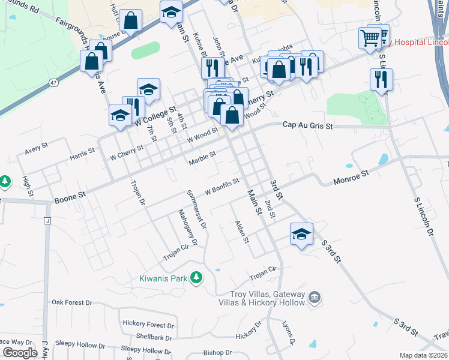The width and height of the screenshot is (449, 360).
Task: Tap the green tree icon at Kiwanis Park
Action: [195, 278]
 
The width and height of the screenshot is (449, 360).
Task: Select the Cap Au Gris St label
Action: [307, 125]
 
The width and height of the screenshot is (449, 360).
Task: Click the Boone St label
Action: [70, 197]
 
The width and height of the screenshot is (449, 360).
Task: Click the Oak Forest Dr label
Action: [71, 302]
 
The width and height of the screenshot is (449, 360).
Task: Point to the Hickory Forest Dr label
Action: [148, 323]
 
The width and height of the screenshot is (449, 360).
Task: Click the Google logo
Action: [20, 352]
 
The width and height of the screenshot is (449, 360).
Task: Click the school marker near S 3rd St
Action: [301, 234]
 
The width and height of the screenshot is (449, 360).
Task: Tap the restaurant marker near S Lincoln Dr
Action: [381, 79]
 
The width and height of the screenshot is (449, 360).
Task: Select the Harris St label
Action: [82, 153]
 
